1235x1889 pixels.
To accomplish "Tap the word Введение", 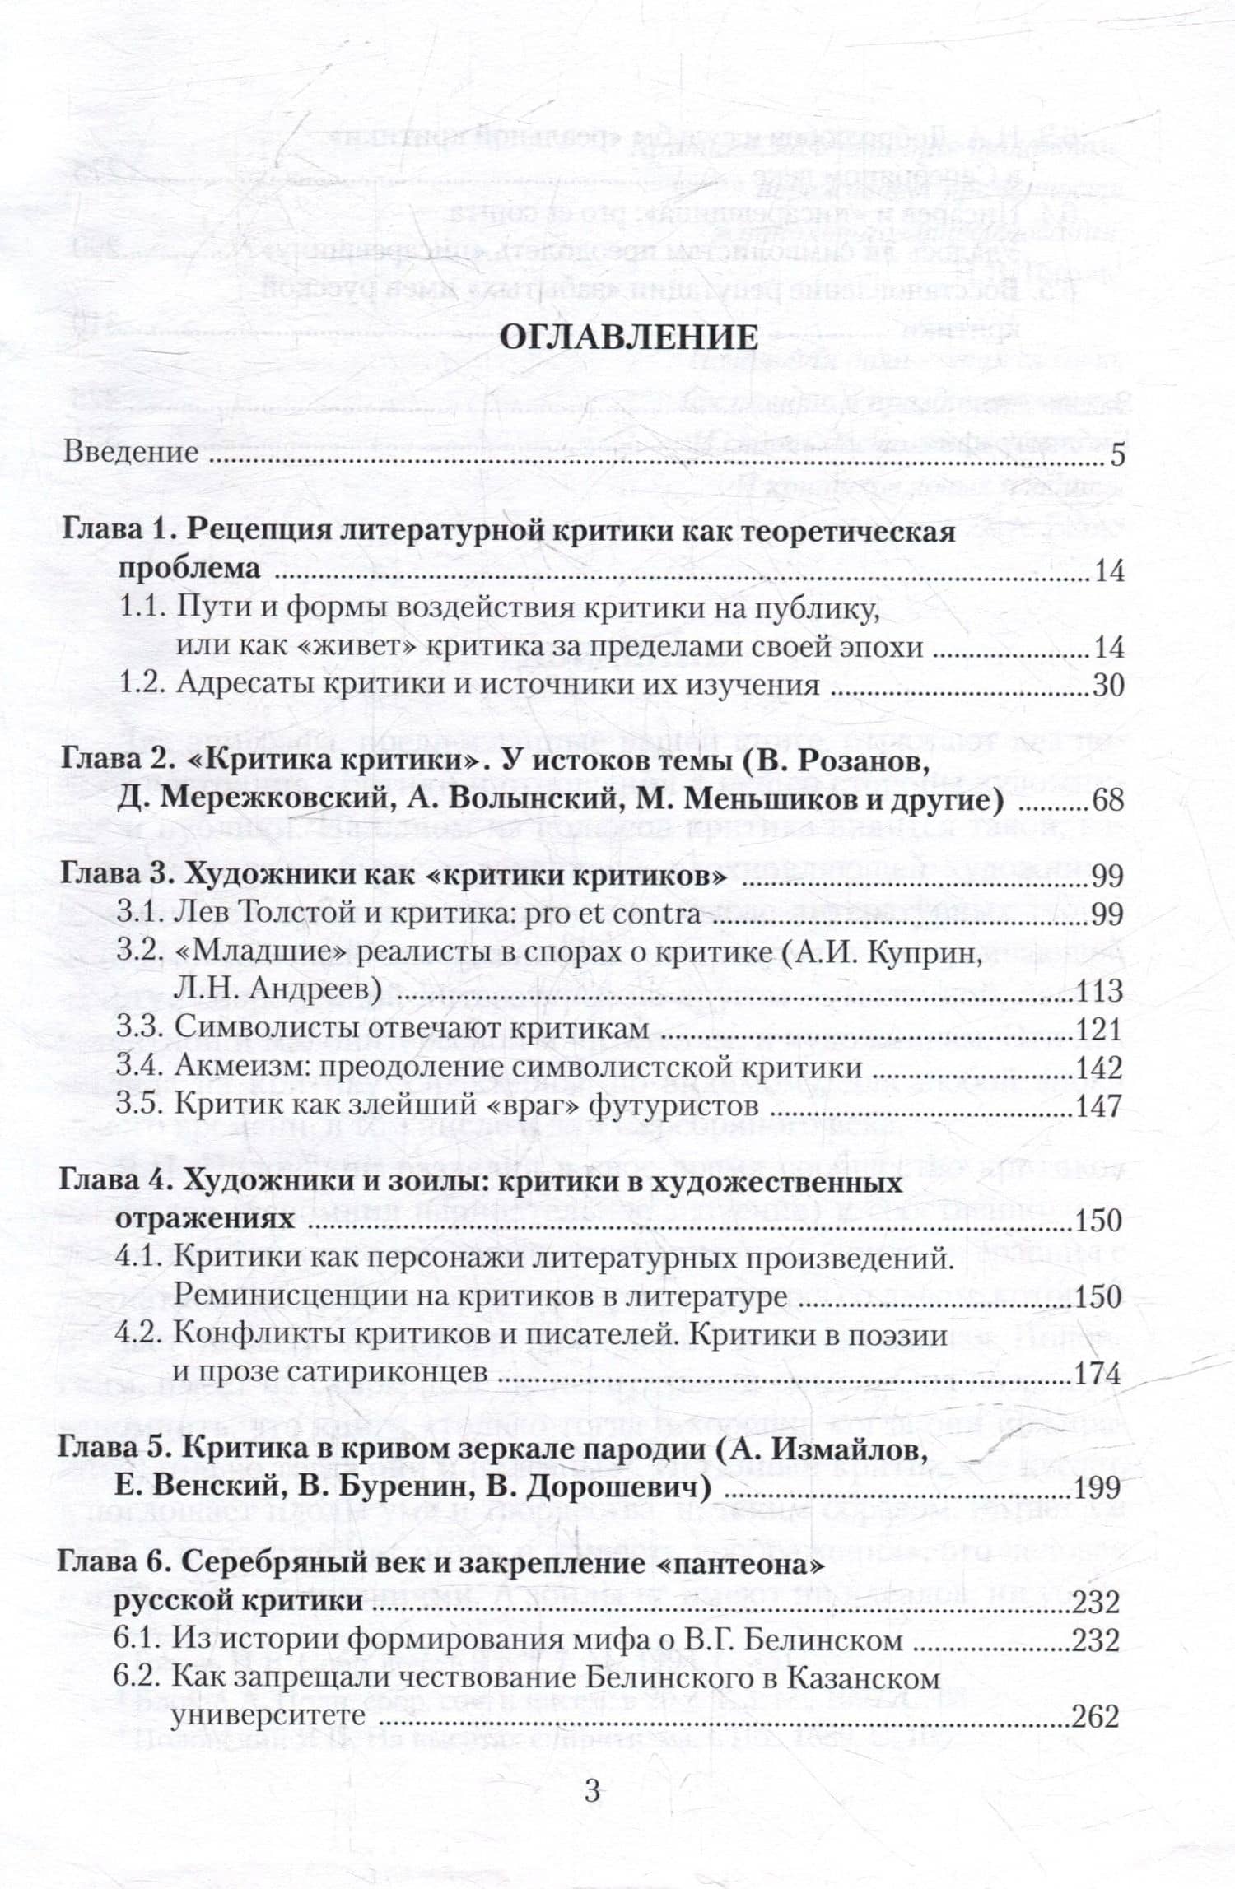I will tap(130, 453).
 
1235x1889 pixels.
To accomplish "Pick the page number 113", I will tap(1100, 990).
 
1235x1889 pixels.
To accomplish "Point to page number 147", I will tap(1100, 1105).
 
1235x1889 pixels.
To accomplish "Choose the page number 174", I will tap(1098, 1373).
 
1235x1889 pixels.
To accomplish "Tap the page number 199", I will tap(1098, 1487).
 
